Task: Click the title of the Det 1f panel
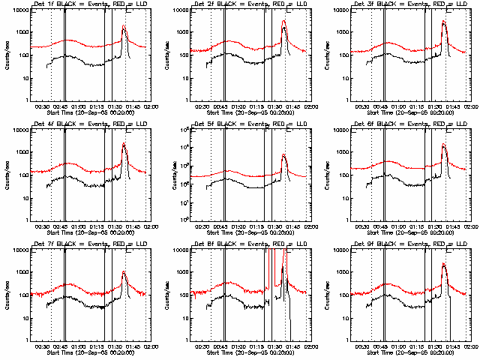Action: click(x=85, y=4)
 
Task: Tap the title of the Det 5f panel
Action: click(x=246, y=124)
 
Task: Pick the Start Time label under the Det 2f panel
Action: click(x=246, y=112)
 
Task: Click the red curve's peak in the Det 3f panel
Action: click(x=443, y=21)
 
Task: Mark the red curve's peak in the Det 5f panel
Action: click(x=283, y=154)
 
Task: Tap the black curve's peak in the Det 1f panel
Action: click(x=124, y=27)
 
